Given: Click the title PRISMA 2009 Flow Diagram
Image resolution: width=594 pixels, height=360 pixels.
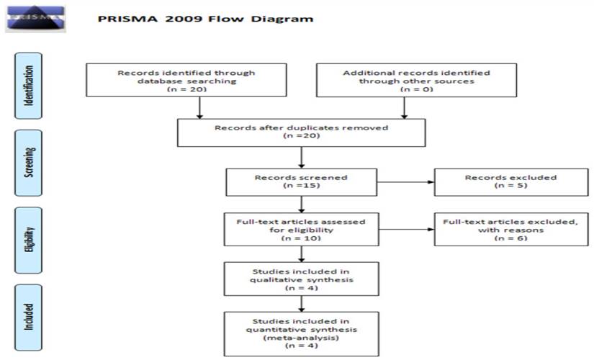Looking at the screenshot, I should (205, 19).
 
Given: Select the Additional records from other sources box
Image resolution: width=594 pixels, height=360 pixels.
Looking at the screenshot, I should (416, 81).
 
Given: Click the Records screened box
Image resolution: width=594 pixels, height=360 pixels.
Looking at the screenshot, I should (301, 181).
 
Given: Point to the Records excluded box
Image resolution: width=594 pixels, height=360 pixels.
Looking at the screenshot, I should (510, 181).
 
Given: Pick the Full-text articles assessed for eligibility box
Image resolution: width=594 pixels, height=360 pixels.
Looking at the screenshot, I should (301, 230).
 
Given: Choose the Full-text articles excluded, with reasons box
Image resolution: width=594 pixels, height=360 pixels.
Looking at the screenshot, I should (510, 230).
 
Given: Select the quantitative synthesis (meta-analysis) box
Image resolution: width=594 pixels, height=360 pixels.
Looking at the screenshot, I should (301, 333).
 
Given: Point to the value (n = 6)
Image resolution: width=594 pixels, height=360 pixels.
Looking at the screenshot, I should (510, 238).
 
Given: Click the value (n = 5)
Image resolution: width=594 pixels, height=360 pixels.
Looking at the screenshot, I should (510, 186).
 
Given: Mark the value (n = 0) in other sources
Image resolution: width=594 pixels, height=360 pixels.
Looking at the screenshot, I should (416, 89).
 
